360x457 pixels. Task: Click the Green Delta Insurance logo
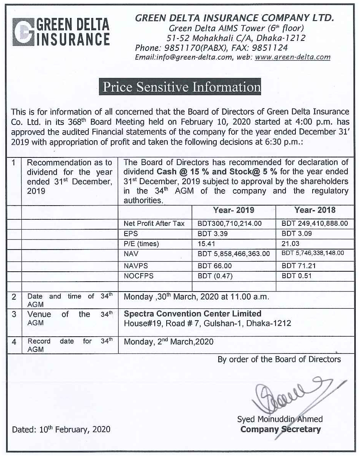pyautogui.click(x=61, y=32)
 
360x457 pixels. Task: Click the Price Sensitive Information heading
pyautogui.click(x=180, y=87)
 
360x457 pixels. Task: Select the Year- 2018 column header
pyautogui.click(x=315, y=210)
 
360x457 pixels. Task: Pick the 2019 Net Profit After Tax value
pyautogui.click(x=229, y=224)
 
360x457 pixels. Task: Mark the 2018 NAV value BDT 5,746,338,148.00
pyautogui.click(x=313, y=253)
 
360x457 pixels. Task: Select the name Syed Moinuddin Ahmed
pyautogui.click(x=280, y=419)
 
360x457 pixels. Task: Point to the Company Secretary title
pyautogui.click(x=280, y=429)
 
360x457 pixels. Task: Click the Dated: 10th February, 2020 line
pyautogui.click(x=61, y=429)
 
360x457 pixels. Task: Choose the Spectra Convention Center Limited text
pyautogui.click(x=193, y=314)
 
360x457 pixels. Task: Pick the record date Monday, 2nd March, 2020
pyautogui.click(x=169, y=342)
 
